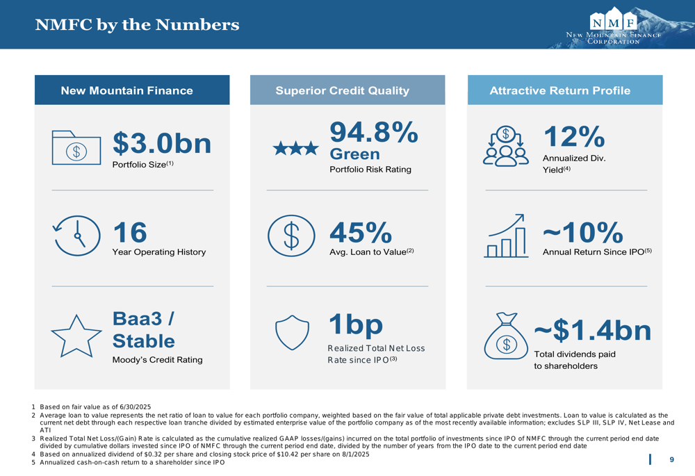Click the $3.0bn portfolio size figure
[162, 143]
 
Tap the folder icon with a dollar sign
[76, 147]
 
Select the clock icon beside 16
[76, 236]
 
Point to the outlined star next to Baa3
[76, 336]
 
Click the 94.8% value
[374, 132]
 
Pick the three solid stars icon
[295, 148]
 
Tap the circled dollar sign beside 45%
[291, 236]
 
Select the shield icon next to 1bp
[292, 332]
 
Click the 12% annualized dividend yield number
[574, 136]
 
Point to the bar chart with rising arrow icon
[506, 236]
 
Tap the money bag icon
[506, 336]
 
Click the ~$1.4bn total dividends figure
[593, 330]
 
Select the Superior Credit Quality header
[342, 90]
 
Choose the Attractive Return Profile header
[559, 90]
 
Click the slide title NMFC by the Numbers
[137, 24]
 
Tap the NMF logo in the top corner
[614, 26]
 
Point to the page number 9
[672, 459]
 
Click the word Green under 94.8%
[354, 154]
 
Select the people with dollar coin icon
[506, 146]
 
